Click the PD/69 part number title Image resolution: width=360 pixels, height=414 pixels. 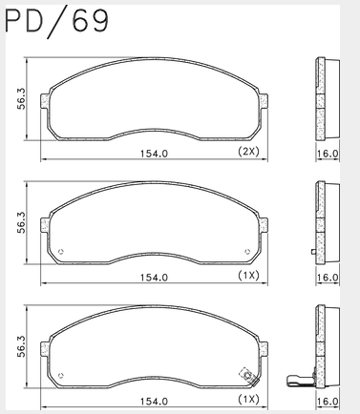tap(57, 22)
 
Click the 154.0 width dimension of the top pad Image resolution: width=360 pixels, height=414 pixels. tap(154, 154)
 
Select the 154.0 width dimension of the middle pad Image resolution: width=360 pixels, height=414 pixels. tap(154, 278)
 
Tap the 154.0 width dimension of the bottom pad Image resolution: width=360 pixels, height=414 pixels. tap(154, 402)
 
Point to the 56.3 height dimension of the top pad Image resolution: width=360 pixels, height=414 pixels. tap(21, 99)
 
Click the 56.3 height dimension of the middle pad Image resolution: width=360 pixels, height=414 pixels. tap(21, 223)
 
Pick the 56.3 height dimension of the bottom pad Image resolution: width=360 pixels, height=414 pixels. tap(21, 346)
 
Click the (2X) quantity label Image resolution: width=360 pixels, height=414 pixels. tap(248, 152)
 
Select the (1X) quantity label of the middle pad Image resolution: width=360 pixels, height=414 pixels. tap(248, 276)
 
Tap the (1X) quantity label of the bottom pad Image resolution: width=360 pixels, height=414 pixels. tap(248, 399)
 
